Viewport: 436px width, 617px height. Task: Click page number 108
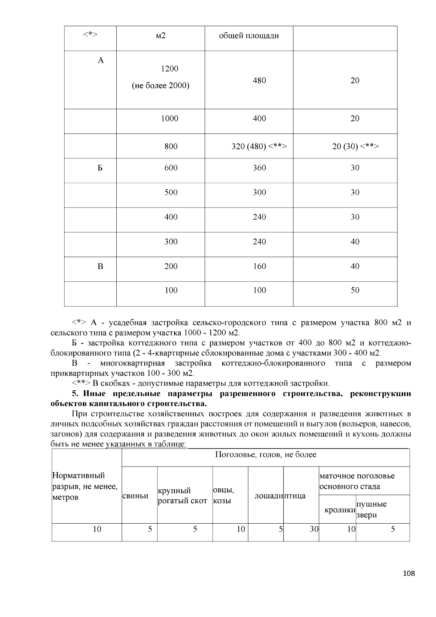click(x=409, y=574)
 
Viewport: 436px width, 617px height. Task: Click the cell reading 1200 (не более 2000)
click(x=160, y=77)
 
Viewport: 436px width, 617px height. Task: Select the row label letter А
click(x=101, y=60)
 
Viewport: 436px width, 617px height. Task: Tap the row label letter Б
click(x=100, y=168)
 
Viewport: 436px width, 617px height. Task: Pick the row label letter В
click(x=100, y=266)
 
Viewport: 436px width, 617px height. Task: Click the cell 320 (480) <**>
click(x=259, y=146)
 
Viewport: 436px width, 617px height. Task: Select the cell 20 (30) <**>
click(x=355, y=146)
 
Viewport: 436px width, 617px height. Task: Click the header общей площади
click(x=249, y=36)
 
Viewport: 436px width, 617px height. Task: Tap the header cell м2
click(x=160, y=36)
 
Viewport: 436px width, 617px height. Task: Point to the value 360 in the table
click(x=259, y=168)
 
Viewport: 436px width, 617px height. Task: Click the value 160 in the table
click(x=259, y=266)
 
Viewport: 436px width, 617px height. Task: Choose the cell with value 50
click(x=355, y=290)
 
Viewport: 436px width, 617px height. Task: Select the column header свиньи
click(x=136, y=496)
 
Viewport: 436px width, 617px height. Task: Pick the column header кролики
click(x=340, y=510)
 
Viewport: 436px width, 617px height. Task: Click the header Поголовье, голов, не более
click(x=266, y=455)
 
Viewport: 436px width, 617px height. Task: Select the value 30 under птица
click(x=314, y=529)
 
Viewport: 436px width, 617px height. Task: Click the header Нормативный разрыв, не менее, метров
click(x=85, y=486)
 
